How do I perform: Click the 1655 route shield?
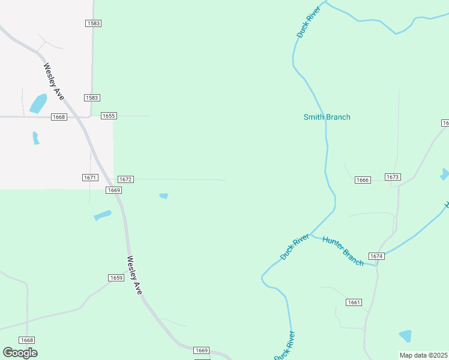(x=109, y=116)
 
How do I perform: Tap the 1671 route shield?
(x=89, y=178)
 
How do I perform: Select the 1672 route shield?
(x=125, y=179)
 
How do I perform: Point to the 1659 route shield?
(x=116, y=278)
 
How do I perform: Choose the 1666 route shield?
(x=363, y=180)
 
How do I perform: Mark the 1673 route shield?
(x=393, y=177)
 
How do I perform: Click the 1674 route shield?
(x=376, y=256)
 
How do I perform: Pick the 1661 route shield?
(x=354, y=302)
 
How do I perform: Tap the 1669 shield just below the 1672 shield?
(x=114, y=190)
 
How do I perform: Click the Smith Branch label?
(x=327, y=117)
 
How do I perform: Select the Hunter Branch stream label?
(x=343, y=251)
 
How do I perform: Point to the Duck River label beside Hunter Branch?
(x=294, y=247)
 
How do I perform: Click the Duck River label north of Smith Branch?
(x=309, y=22)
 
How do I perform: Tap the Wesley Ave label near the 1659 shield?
(x=134, y=275)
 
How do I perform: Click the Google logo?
(x=20, y=353)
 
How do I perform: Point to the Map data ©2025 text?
(x=423, y=355)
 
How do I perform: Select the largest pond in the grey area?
(x=38, y=103)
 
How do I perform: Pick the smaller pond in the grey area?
(x=36, y=137)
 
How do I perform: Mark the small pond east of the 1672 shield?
(x=163, y=196)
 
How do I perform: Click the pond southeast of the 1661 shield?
(x=406, y=336)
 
